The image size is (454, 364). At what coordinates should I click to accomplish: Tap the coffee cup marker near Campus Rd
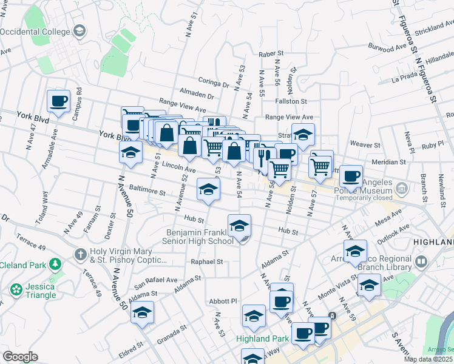point(59,101)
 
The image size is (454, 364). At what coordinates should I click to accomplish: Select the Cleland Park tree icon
point(55,264)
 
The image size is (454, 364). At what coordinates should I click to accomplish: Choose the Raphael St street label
point(208,261)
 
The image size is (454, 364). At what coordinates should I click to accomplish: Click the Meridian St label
point(389,162)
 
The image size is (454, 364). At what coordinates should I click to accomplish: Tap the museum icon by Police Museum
point(401,190)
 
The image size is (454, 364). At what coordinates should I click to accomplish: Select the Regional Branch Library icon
point(422,263)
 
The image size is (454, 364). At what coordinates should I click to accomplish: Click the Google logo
point(20,357)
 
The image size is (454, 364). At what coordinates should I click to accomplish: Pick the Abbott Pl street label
point(222,301)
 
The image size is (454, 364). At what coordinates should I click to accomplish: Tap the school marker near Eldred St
point(142,313)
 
